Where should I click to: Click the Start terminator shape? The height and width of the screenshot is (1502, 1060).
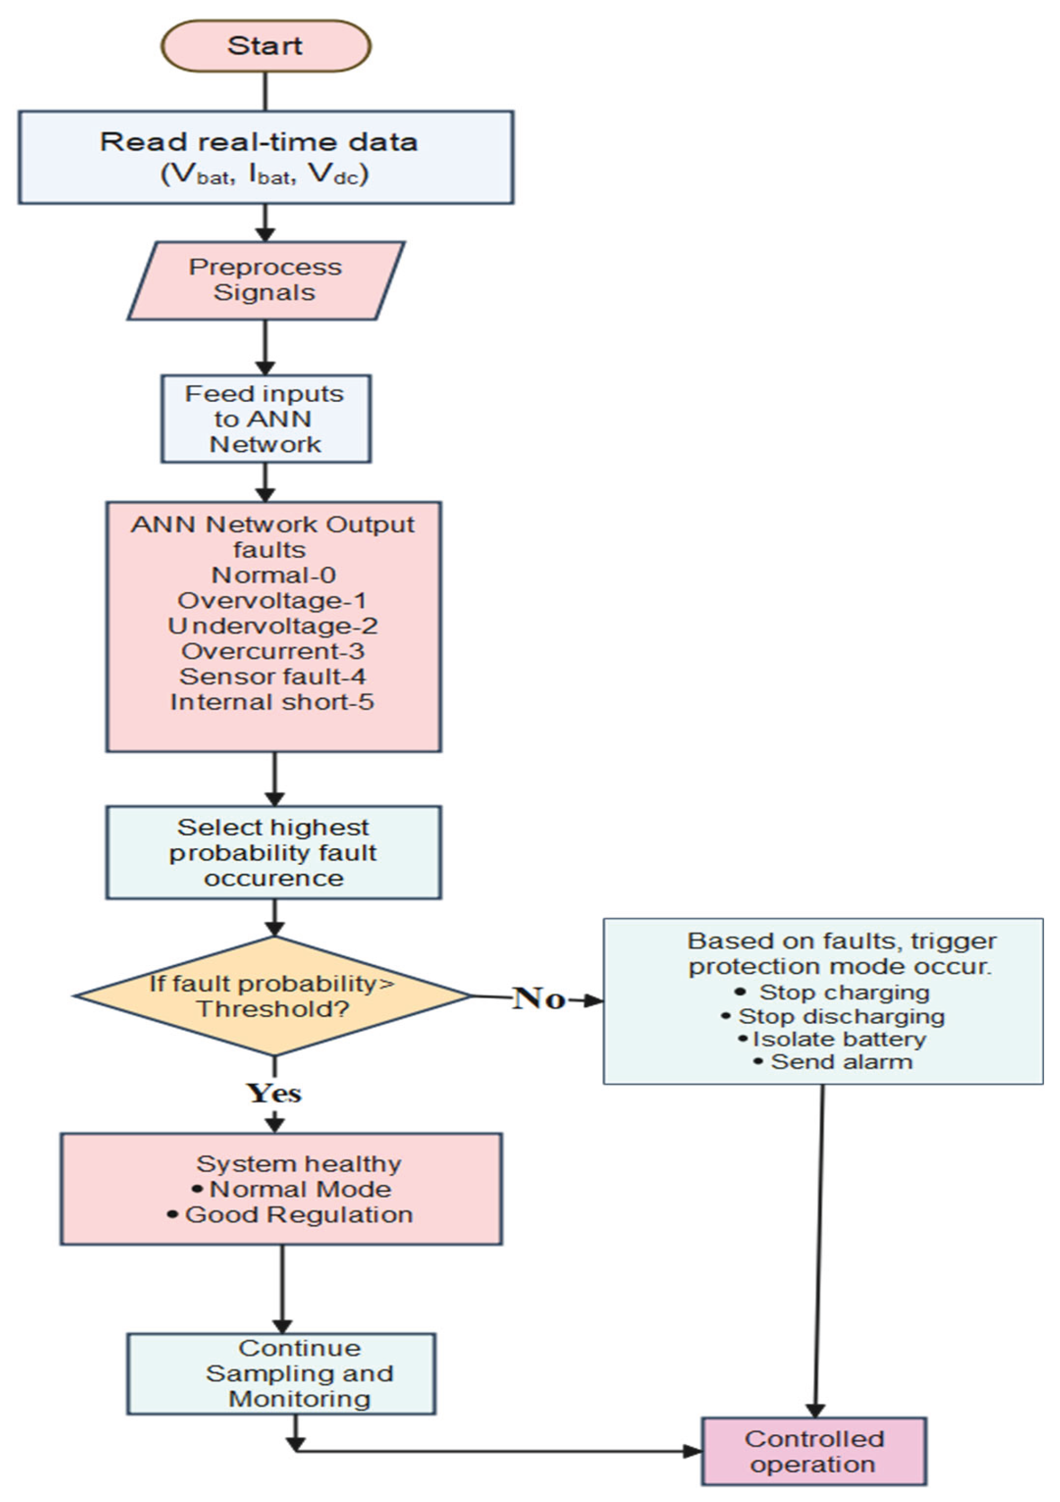266,46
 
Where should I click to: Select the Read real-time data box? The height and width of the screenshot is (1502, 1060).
266,157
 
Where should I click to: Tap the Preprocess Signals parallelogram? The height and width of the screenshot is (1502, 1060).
266,280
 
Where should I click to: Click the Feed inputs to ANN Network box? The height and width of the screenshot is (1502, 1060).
266,419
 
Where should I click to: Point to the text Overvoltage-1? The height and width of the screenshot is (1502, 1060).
272,600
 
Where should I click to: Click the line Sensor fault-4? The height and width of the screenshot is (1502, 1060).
272,676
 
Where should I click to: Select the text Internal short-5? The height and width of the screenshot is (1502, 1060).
272,701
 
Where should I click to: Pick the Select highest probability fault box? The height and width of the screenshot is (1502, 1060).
274,852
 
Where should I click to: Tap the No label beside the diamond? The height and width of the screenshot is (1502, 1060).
539,998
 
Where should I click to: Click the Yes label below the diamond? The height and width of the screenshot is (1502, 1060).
274,1093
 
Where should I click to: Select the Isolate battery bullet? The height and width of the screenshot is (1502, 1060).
839,1039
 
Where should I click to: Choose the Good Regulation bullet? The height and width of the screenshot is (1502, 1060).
298,1214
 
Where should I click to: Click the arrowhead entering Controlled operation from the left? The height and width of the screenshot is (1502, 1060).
692,1451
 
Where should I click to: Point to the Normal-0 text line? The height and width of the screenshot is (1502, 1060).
274,575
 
